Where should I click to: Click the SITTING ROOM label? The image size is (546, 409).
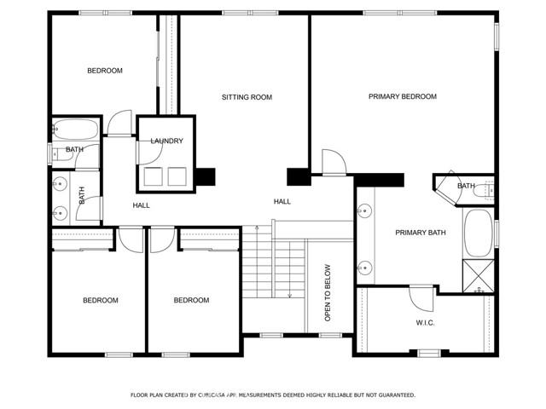[x=247, y=97]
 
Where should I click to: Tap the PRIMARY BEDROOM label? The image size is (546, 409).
[x=403, y=96]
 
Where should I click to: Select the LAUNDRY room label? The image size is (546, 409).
[x=167, y=141]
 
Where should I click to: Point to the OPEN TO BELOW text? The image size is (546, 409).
[x=328, y=293]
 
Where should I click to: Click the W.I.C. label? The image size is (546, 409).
[x=425, y=323]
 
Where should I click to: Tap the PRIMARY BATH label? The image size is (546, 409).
[x=421, y=233]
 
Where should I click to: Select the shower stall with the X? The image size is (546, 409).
[x=479, y=276]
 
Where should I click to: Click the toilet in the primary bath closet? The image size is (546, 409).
[x=485, y=191]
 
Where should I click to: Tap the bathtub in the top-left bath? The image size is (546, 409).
[x=76, y=130]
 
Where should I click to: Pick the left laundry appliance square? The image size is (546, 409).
[x=154, y=176]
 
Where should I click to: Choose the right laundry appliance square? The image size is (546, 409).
[x=177, y=176]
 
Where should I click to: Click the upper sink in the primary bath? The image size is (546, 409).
[x=365, y=210]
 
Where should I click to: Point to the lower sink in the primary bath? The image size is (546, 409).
[x=365, y=268]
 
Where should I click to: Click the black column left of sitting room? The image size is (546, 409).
[x=205, y=176]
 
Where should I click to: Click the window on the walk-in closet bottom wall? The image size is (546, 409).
[x=429, y=354]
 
